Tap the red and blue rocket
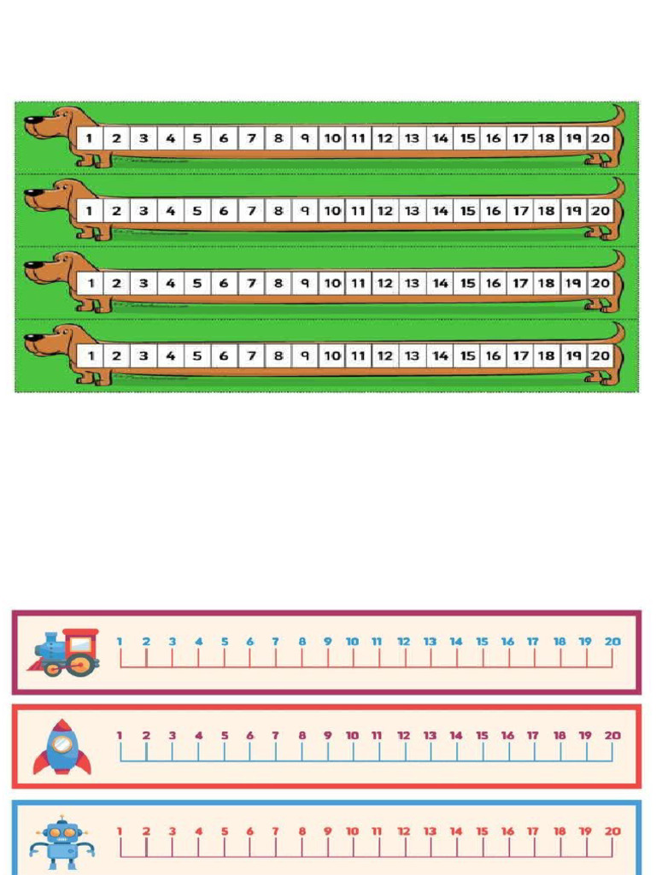(61, 747)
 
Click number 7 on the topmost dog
(252, 138)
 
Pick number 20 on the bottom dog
(600, 355)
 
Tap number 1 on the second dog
(89, 211)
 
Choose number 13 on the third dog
(412, 283)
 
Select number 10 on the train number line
(352, 642)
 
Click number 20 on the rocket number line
(612, 736)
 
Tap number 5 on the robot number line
(225, 831)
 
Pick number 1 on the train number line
(120, 642)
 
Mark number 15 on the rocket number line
(482, 736)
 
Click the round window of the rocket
(61, 743)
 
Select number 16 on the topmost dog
(493, 138)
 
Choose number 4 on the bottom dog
(170, 355)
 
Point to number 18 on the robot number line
(559, 831)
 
